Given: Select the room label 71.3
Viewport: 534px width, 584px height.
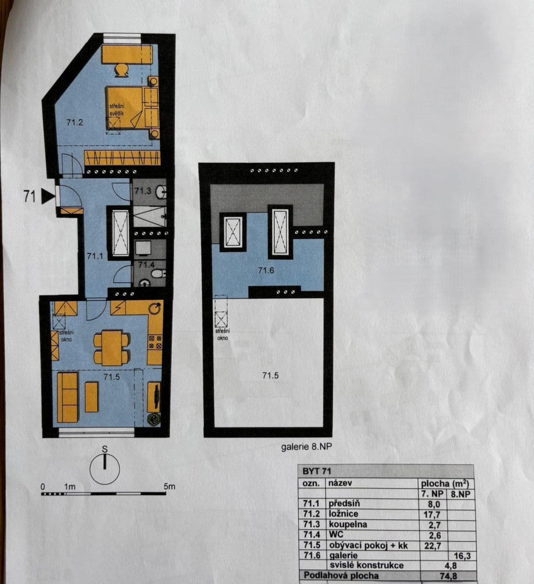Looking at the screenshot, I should (142, 191).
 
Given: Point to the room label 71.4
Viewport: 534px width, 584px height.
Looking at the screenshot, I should (146, 265).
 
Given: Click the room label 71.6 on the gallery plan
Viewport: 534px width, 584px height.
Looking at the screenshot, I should (267, 271).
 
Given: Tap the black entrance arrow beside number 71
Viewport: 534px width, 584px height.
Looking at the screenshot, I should (47, 196).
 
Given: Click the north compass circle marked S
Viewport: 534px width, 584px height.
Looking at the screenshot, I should (105, 469).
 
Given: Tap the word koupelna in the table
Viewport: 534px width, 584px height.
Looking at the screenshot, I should (348, 525).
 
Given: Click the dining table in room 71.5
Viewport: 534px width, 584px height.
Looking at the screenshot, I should (111, 347).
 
